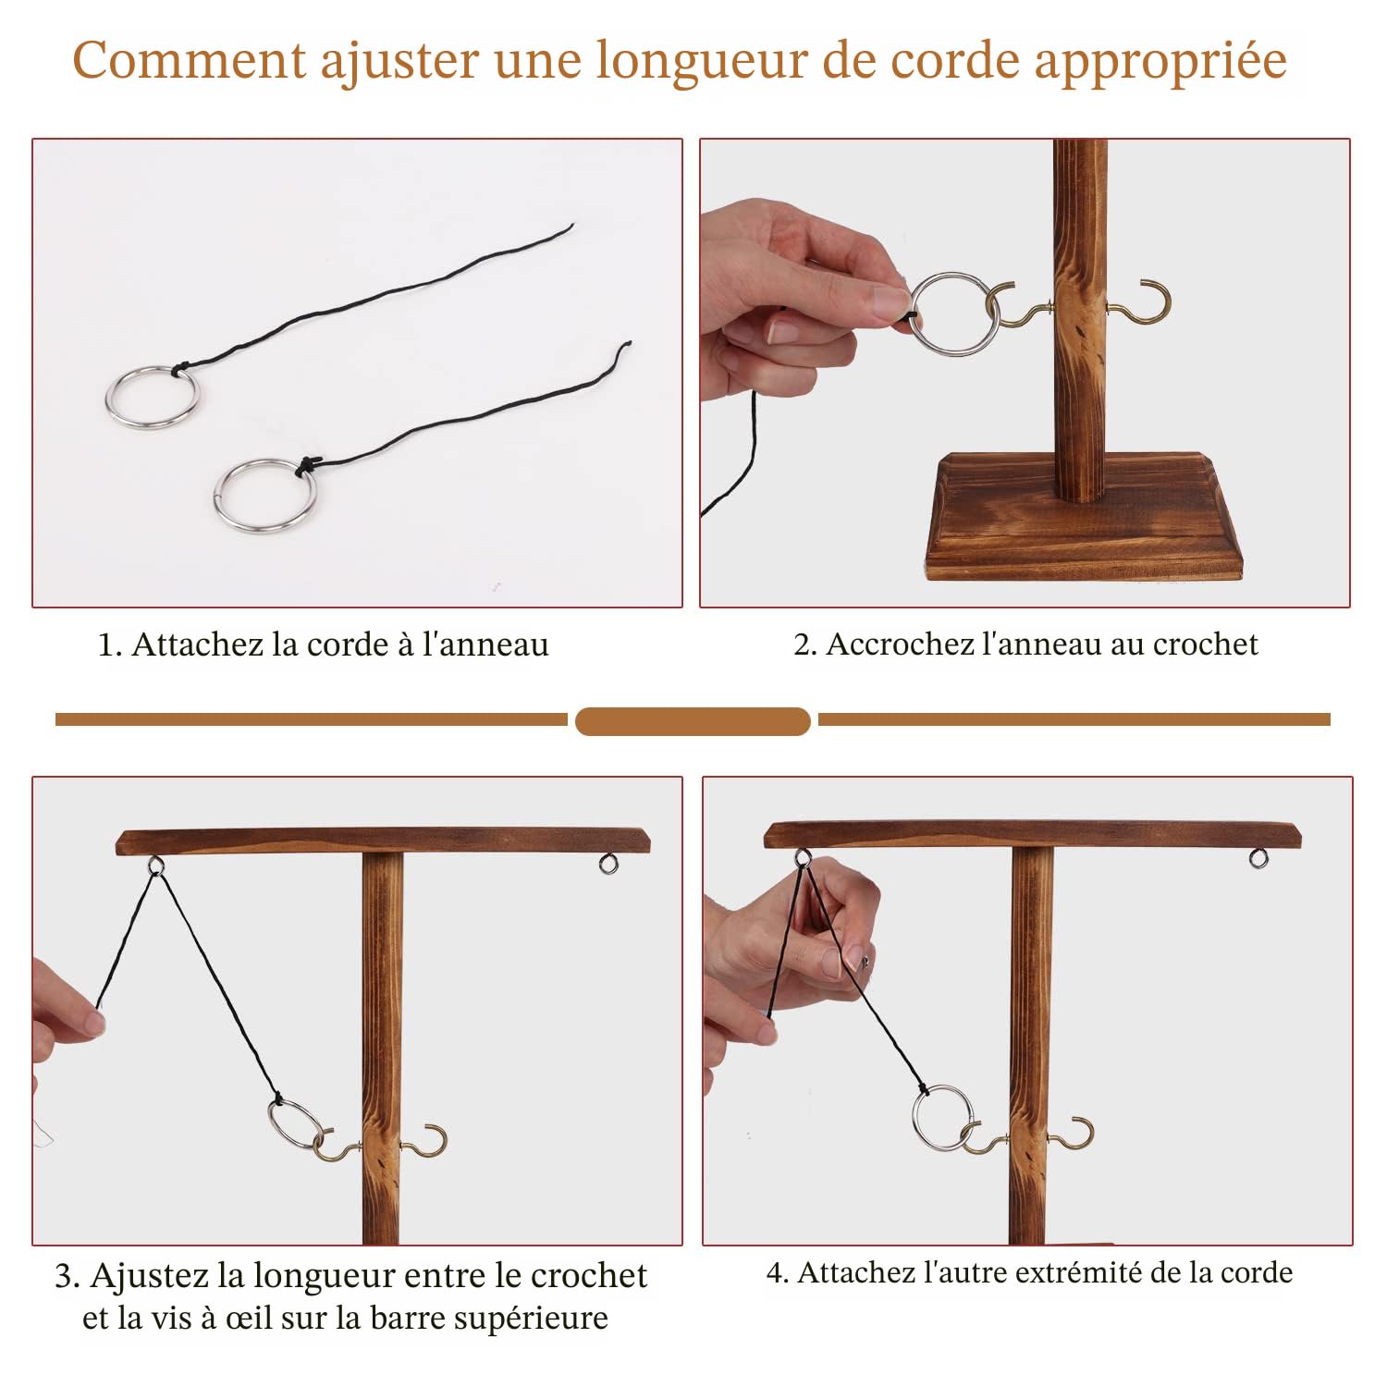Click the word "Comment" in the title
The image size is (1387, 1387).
click(190, 61)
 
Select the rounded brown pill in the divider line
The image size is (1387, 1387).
click(693, 721)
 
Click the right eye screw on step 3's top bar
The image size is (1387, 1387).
click(607, 864)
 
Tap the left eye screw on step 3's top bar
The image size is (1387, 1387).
click(155, 865)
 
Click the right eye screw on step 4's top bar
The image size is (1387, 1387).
click(1258, 859)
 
